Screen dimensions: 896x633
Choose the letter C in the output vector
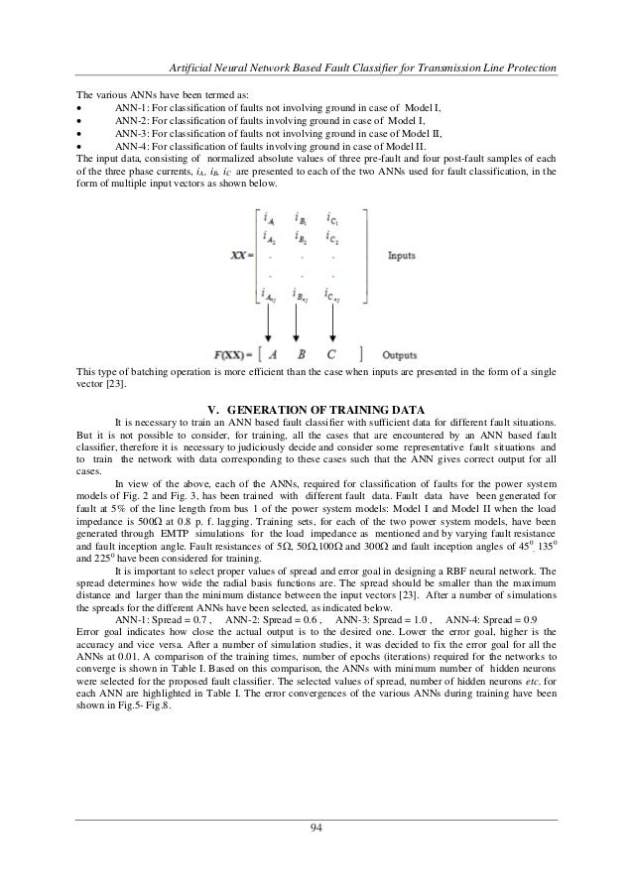click(333, 354)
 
